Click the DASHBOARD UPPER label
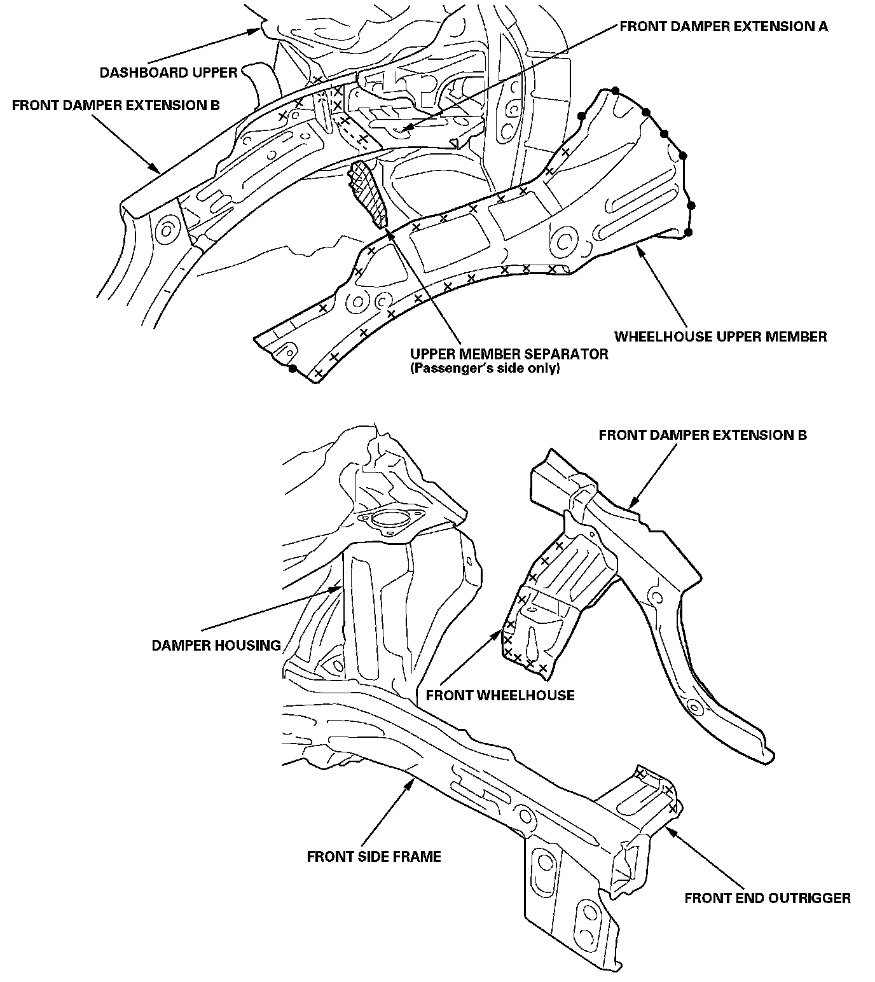click(x=168, y=73)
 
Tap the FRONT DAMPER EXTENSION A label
click(x=724, y=27)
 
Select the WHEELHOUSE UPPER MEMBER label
click(x=720, y=336)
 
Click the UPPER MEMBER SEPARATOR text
click(x=509, y=354)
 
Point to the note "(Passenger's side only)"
click(x=485, y=368)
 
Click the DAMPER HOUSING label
click(x=216, y=646)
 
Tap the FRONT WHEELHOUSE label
click(x=500, y=695)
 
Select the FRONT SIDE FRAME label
click(x=374, y=857)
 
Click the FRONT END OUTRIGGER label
click(x=768, y=898)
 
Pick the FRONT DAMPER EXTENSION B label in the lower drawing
click(x=703, y=435)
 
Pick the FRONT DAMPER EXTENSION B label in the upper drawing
click(x=116, y=105)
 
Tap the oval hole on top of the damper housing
click(x=386, y=518)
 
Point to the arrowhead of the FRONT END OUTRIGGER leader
click(x=664, y=827)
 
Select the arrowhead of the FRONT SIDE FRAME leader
click(x=414, y=777)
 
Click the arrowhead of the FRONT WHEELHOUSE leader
click(x=504, y=630)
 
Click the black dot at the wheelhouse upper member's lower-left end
click(x=292, y=368)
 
